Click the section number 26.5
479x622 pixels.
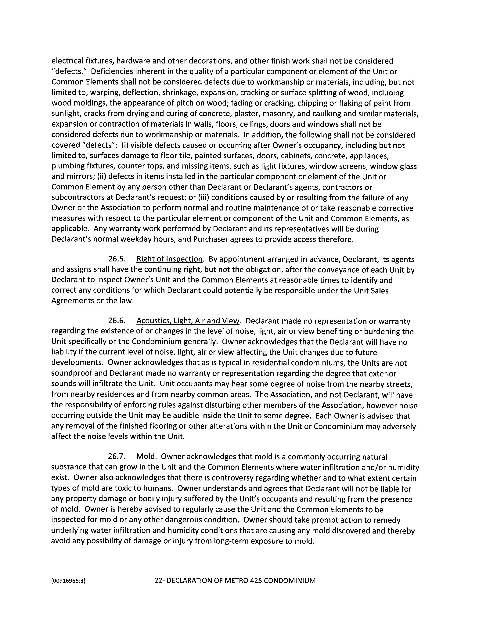pyautogui.click(x=117, y=259)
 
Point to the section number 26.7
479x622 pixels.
pyautogui.click(x=117, y=457)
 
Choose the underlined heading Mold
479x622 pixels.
pyautogui.click(x=145, y=457)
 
